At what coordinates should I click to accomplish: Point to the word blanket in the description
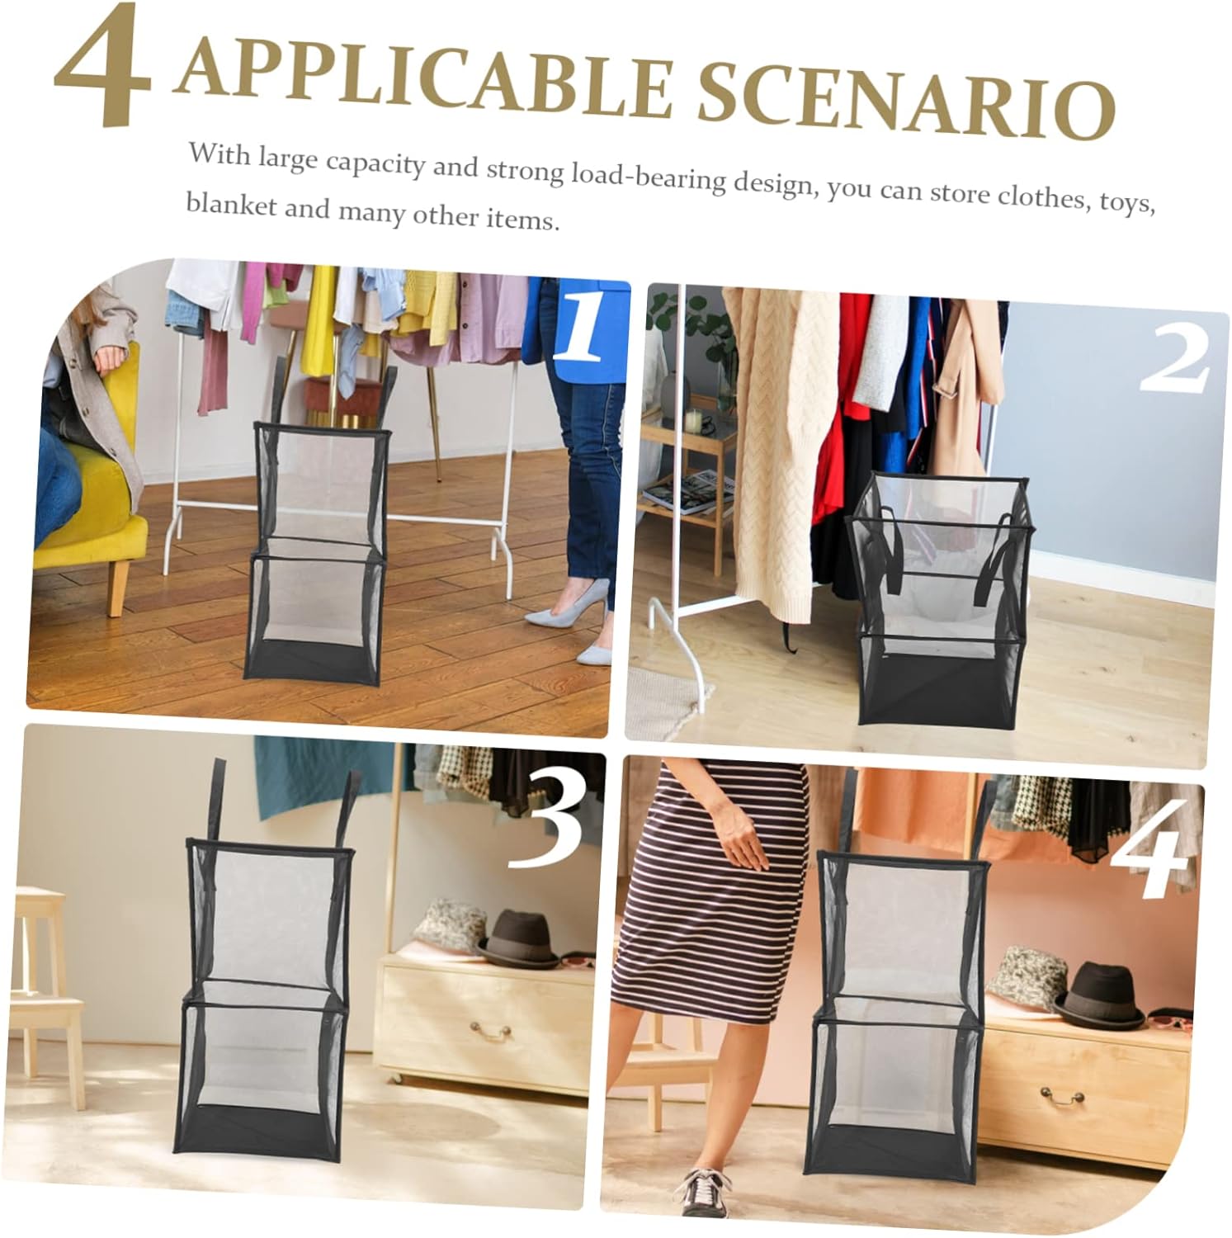click(230, 205)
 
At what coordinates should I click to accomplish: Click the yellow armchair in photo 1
click(91, 495)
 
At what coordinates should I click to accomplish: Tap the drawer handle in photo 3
click(490, 1030)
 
